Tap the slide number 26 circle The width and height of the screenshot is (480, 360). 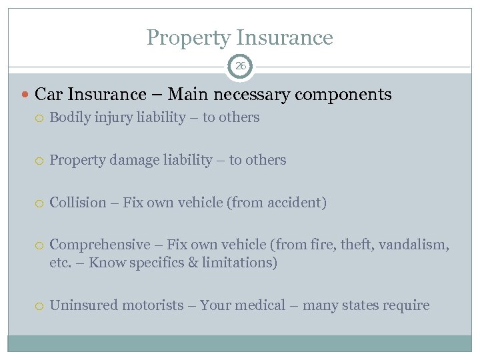click(x=240, y=66)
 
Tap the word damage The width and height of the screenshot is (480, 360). click(x=129, y=160)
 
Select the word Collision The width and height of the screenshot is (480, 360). click(x=77, y=203)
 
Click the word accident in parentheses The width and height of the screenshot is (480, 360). click(x=298, y=203)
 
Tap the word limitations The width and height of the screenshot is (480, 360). click(x=241, y=263)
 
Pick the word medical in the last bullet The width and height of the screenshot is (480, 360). click(x=259, y=305)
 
